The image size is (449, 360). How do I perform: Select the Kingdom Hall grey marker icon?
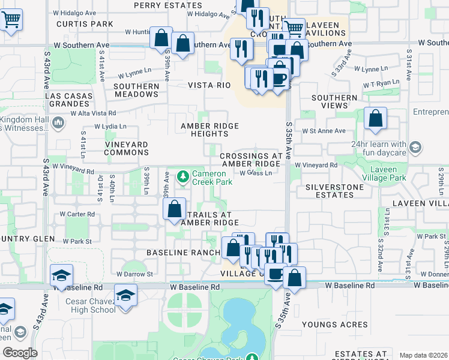pos(58,123)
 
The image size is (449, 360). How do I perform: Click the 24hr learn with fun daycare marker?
pos(415,147)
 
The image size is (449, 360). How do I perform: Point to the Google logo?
pos(20,353)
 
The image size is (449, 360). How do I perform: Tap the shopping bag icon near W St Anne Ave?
pos(375,118)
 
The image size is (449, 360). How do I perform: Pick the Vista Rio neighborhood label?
pos(209,85)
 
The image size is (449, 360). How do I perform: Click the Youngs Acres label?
pos(334,325)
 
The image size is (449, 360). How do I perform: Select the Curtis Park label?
pos(85,24)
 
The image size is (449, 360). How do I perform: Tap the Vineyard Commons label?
pos(126,148)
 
